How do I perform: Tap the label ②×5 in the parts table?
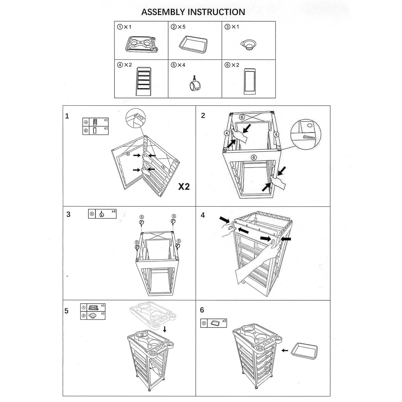pyautogui.click(x=178, y=27)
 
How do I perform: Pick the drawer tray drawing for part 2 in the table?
pyautogui.click(x=194, y=43)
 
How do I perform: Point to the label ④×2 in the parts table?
pyautogui.click(x=125, y=65)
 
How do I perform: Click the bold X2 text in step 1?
pyautogui.click(x=184, y=187)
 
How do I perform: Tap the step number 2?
pyautogui.click(x=203, y=115)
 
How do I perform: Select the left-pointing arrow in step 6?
pyautogui.click(x=285, y=350)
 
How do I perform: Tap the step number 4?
pyautogui.click(x=203, y=215)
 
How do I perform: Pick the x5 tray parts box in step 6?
pyautogui.click(x=214, y=323)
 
